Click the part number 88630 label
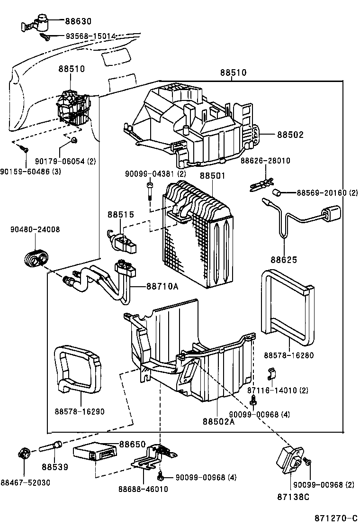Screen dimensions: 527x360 point(79,21)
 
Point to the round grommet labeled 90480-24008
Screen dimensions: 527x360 point(35,257)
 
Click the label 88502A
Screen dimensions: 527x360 point(219,421)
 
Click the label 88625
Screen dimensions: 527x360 point(284,260)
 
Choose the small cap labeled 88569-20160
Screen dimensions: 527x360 point(279,192)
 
